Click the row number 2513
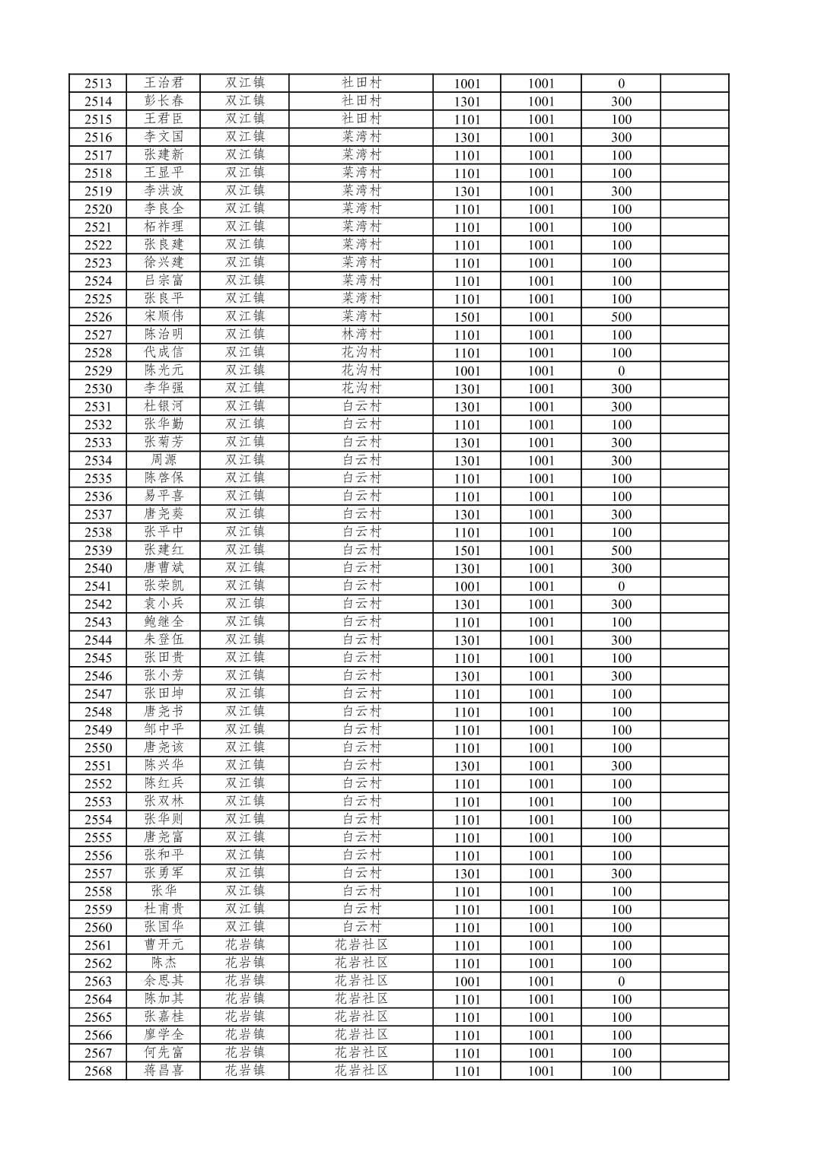98,84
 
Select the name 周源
164,460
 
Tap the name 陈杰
164,963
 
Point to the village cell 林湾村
361,335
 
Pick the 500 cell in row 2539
621,551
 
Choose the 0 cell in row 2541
621,586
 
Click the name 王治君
164,83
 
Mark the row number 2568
98,1071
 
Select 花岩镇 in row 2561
245,945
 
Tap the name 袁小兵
164,604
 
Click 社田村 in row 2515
361,119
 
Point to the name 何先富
164,1052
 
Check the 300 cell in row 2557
621,874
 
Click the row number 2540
98,568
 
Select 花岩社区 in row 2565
361,1017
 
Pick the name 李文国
164,137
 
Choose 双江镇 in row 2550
245,747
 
